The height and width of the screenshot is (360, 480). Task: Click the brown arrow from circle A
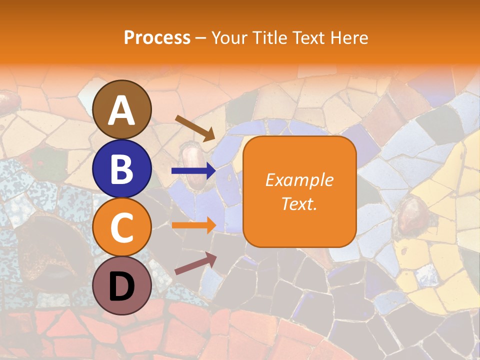[195, 128]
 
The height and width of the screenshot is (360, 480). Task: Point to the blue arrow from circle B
[193, 171]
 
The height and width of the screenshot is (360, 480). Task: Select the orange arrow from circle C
[193, 224]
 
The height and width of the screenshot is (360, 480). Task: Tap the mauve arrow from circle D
[195, 263]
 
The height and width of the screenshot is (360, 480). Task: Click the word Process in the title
[157, 37]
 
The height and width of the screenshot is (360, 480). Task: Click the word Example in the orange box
[299, 180]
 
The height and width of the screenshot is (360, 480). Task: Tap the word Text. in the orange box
[299, 203]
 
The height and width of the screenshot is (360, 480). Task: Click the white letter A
[122, 110]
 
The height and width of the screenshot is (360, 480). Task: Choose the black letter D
[122, 286]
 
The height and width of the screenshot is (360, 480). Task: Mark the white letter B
[122, 169]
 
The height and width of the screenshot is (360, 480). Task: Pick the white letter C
[122, 227]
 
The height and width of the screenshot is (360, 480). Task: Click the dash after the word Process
[201, 38]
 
